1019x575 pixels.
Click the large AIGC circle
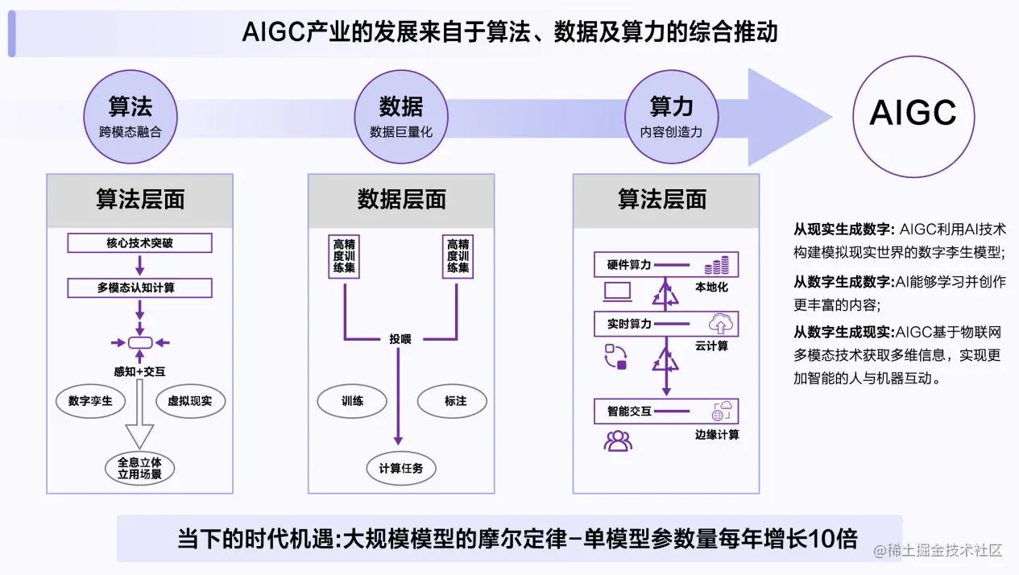(913, 114)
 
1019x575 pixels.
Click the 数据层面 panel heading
(401, 200)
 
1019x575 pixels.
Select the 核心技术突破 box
(139, 242)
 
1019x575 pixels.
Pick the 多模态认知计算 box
(139, 287)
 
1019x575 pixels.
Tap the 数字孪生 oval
(91, 400)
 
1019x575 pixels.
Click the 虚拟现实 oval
(189, 400)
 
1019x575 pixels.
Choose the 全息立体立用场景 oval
(139, 468)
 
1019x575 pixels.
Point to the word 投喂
(400, 339)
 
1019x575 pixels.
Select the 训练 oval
(352, 400)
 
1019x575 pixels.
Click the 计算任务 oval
(400, 468)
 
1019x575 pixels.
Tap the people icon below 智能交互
(618, 441)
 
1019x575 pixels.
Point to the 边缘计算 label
(716, 435)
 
